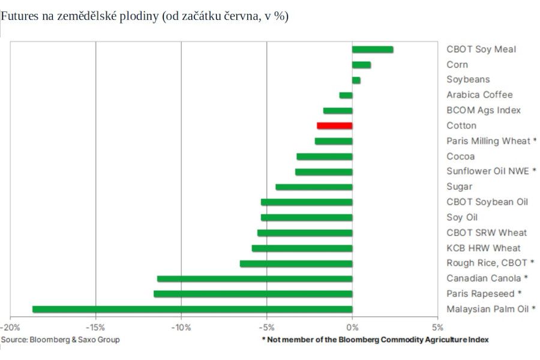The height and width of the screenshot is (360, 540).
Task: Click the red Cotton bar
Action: click(x=334, y=125)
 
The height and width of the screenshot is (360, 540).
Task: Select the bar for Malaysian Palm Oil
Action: click(x=192, y=309)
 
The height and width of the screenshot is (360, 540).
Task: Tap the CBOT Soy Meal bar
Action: click(x=372, y=49)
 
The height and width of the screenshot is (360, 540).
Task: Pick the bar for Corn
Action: click(x=361, y=65)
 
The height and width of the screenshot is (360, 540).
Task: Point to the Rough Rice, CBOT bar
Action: click(x=296, y=263)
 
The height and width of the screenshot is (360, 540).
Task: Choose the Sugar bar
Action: click(x=314, y=187)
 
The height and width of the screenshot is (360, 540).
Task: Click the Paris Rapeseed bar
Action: click(x=253, y=294)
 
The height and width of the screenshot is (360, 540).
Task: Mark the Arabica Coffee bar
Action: click(x=346, y=95)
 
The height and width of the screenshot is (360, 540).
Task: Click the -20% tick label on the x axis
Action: click(x=10, y=328)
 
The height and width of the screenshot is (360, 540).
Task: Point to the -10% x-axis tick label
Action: click(x=181, y=328)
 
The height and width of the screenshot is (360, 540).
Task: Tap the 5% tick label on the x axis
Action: click(x=438, y=328)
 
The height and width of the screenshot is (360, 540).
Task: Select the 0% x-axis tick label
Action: click(x=352, y=328)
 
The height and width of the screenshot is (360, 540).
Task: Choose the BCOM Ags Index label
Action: click(x=484, y=110)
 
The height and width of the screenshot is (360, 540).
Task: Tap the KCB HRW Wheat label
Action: click(x=484, y=248)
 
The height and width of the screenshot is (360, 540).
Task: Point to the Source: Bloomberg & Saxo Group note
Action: click(x=60, y=340)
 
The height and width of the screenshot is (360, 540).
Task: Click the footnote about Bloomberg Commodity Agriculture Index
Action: click(x=375, y=340)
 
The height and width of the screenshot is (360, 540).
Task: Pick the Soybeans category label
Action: click(x=468, y=79)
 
